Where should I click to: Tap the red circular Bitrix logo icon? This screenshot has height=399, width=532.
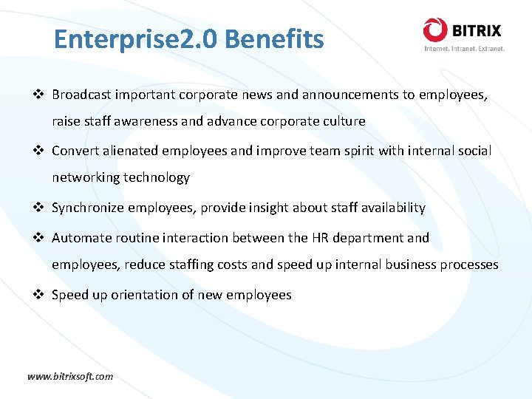(435, 30)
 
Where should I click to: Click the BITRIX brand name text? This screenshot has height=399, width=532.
(477, 31)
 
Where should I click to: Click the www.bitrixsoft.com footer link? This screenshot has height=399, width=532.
(70, 376)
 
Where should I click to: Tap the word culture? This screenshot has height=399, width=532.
(342, 121)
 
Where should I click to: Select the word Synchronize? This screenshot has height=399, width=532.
(88, 208)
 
